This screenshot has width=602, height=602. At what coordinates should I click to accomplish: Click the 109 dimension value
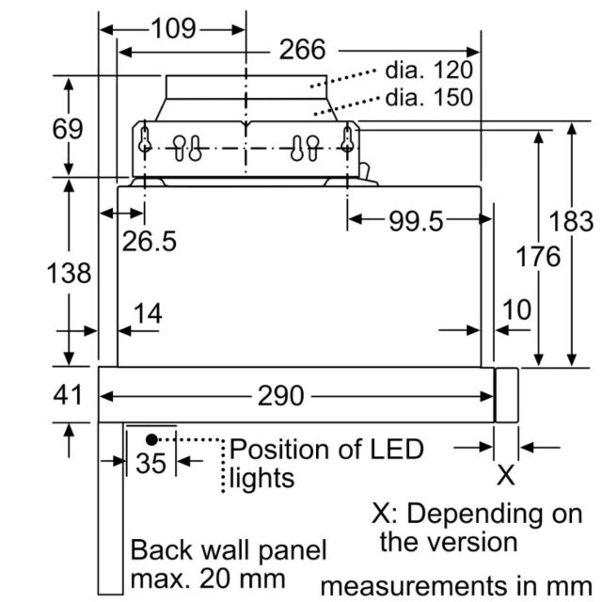coord(174,28)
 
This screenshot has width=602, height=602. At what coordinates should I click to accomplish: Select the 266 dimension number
coord(303,50)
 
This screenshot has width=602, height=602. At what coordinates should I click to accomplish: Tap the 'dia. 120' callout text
coord(429,70)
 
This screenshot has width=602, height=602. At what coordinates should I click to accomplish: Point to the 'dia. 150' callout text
coord(429,97)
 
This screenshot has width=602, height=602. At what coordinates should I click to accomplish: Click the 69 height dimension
coord(68,129)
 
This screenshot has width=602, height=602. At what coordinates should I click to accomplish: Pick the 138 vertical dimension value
coord(69,274)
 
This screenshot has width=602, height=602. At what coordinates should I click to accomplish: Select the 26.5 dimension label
coord(150,241)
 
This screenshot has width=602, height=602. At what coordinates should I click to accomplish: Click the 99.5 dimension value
coord(416,221)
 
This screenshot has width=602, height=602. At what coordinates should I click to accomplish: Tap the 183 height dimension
coord(571,222)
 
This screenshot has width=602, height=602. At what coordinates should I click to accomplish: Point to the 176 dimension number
coord(538,256)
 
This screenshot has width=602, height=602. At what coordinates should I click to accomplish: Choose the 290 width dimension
coord(280,395)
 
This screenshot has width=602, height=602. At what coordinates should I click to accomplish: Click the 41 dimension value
coord(68,395)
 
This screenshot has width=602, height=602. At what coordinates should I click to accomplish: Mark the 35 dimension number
coord(150,463)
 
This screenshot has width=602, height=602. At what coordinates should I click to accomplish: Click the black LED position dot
coord(151,440)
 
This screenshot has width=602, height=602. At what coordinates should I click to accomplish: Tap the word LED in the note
coord(397,449)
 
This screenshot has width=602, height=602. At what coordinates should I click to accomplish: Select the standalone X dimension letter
coord(506,475)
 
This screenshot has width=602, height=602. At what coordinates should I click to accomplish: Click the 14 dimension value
coord(148,313)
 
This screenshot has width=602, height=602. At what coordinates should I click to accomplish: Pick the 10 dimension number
coord(516,309)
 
